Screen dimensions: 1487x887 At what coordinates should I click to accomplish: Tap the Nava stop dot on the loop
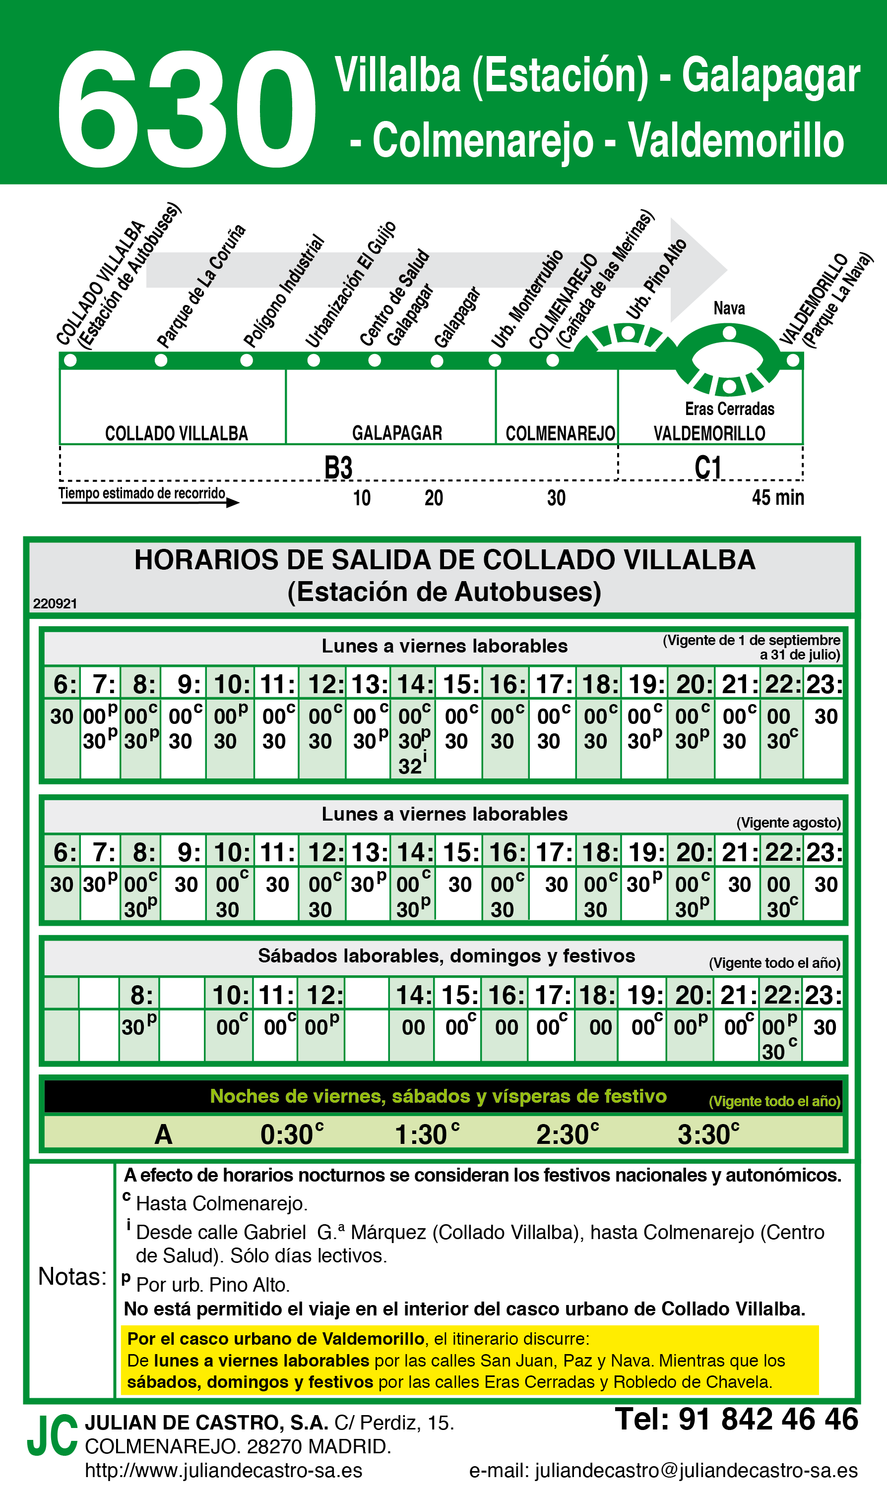pyautogui.click(x=729, y=333)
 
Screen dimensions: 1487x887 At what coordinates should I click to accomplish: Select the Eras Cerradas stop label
pyautogui.click(x=729, y=409)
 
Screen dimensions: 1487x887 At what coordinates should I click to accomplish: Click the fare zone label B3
pyautogui.click(x=338, y=467)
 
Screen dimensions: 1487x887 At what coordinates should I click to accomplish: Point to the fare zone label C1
pyautogui.click(x=708, y=467)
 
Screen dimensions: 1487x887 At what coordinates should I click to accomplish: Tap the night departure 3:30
pyautogui.click(x=708, y=1134)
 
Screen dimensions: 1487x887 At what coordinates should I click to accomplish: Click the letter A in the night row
pyautogui.click(x=163, y=1134)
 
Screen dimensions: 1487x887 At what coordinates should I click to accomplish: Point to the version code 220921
pyautogui.click(x=55, y=603)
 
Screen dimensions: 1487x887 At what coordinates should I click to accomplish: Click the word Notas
pyautogui.click(x=72, y=1277)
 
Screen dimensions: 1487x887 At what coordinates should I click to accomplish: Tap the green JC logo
pyautogui.click(x=53, y=1435)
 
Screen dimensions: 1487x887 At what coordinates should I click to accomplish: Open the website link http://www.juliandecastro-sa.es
pyautogui.click(x=224, y=1470)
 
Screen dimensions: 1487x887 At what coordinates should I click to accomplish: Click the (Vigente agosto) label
pyautogui.click(x=788, y=823)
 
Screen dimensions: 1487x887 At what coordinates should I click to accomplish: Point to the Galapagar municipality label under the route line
pyautogui.click(x=397, y=433)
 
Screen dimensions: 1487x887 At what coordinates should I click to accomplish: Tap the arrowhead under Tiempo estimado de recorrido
pyautogui.click(x=233, y=502)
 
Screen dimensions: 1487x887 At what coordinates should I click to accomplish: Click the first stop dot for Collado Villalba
pyautogui.click(x=70, y=360)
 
